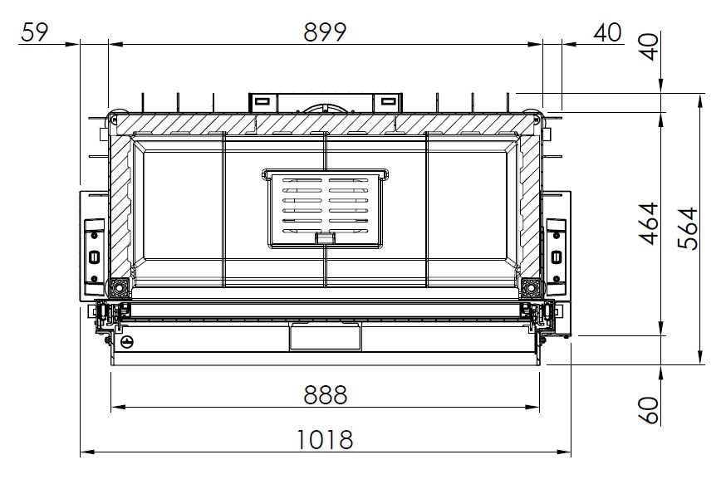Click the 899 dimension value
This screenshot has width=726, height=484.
click(x=325, y=32)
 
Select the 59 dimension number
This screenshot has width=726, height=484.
click(x=34, y=32)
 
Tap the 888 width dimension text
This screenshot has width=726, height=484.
click(x=325, y=395)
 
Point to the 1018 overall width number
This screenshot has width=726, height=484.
click(x=325, y=439)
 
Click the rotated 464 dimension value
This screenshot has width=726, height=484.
click(x=649, y=223)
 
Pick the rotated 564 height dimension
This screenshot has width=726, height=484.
click(x=688, y=228)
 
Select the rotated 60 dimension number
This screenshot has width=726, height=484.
click(x=649, y=410)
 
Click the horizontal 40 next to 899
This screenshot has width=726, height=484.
click(x=607, y=32)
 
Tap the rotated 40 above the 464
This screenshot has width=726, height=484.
click(x=650, y=46)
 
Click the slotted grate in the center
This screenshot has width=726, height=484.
click(x=326, y=208)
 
